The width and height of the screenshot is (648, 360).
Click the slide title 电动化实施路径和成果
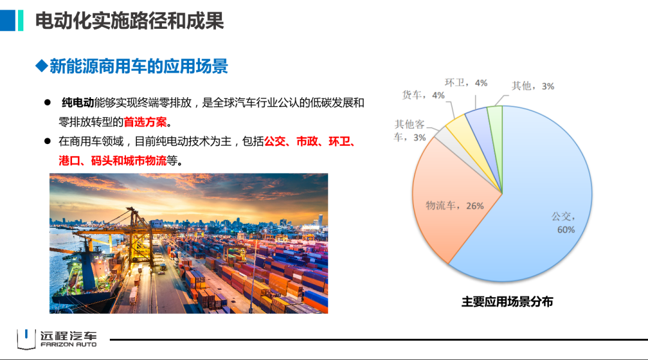coord(129,21)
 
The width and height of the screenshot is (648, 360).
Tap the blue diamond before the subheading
coord(41,65)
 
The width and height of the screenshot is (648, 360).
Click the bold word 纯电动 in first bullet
coord(77,103)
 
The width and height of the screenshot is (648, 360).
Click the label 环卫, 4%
coord(466,83)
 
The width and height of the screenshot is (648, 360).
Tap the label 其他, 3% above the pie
coord(532,86)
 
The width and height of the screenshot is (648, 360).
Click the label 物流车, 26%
coord(454,206)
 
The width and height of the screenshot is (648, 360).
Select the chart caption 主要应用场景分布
coord(507,302)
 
